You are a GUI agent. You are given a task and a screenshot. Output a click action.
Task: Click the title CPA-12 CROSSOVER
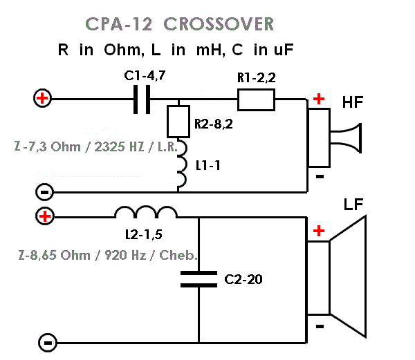click(x=180, y=23)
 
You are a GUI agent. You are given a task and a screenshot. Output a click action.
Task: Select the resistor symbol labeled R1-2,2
click(x=256, y=100)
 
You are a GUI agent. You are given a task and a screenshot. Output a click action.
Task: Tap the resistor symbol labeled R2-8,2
click(x=179, y=122)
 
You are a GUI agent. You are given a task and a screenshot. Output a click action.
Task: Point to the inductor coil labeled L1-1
click(x=181, y=169)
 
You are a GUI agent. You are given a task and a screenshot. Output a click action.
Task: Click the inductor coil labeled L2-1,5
click(x=146, y=213)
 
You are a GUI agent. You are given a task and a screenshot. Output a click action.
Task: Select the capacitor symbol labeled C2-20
click(x=199, y=278)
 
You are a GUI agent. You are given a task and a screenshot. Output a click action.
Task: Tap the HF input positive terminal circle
click(x=42, y=99)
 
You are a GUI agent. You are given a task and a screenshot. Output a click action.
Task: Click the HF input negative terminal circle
click(x=42, y=191)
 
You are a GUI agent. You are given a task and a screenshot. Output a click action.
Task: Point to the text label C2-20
click(x=244, y=280)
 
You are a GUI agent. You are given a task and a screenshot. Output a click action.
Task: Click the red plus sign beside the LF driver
click(x=318, y=231)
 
